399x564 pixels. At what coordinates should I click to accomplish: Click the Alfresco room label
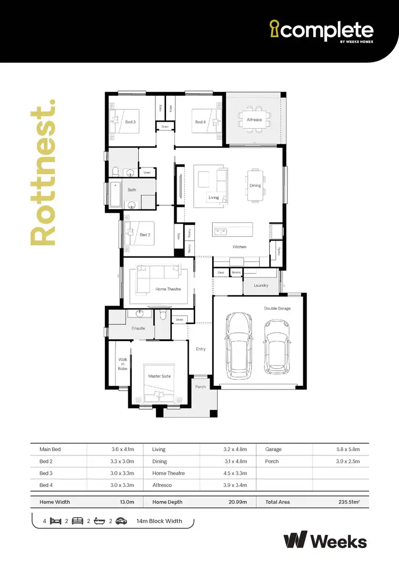pos(254,120)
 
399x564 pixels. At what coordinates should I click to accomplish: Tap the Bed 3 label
pos(130,122)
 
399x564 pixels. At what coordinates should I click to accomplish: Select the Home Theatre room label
pos(168,289)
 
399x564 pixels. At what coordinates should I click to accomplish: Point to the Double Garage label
pos(277,308)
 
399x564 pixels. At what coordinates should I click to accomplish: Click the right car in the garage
pos(277,346)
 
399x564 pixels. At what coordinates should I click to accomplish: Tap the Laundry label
pos(261,286)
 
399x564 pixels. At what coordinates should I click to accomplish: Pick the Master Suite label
pos(160,376)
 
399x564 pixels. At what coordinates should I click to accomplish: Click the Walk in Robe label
pos(123,364)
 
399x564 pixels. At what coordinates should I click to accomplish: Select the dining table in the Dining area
pos(255,186)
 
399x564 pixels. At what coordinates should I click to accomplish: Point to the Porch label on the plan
pos(201,387)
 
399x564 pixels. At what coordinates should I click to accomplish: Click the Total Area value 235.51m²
pos(350,502)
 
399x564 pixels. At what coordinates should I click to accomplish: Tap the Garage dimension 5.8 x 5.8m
pos(348,450)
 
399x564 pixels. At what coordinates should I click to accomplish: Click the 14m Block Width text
pos(159,521)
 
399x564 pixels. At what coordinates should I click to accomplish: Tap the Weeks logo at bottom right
pos(325,541)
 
